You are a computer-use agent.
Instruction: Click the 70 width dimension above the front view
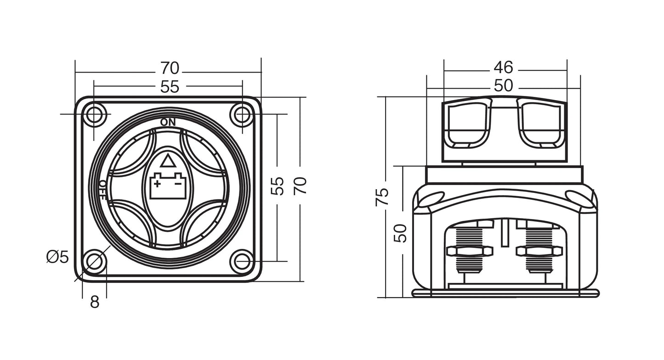pyautogui.click(x=170, y=68)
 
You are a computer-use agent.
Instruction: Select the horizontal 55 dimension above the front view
pyautogui.click(x=170, y=87)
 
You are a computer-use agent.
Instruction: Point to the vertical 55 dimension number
pyautogui.click(x=278, y=186)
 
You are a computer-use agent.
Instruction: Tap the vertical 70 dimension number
pyautogui.click(x=300, y=186)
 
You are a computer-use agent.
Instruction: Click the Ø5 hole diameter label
pyautogui.click(x=57, y=257)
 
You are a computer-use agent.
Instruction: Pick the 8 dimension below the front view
pyautogui.click(x=94, y=302)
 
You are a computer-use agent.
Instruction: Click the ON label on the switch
pyautogui.click(x=168, y=122)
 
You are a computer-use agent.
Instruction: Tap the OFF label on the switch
pyautogui.click(x=103, y=190)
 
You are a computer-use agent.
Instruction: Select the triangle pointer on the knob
pyautogui.click(x=167, y=161)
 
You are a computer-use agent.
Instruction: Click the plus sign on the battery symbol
pyautogui.click(x=158, y=184)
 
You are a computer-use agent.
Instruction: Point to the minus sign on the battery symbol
pyautogui.click(x=178, y=184)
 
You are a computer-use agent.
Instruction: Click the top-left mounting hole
pyautogui.click(x=94, y=114)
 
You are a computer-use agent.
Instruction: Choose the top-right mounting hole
pyautogui.click(x=243, y=114)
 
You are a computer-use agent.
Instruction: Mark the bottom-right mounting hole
pyautogui.click(x=243, y=261)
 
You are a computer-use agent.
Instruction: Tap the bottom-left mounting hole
pyautogui.click(x=94, y=261)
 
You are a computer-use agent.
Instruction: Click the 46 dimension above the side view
pyautogui.click(x=503, y=67)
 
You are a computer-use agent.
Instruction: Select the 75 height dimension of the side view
pyautogui.click(x=382, y=197)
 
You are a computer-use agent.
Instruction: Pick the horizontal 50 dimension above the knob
pyautogui.click(x=503, y=85)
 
